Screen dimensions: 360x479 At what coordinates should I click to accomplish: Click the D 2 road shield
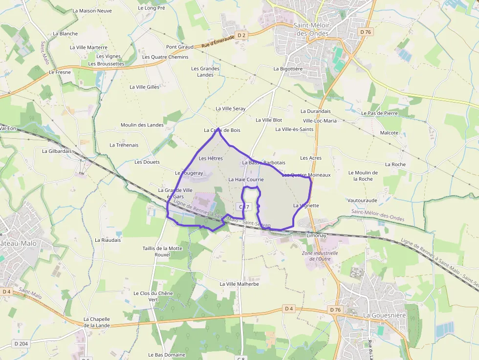pyautogui.click(x=241, y=35)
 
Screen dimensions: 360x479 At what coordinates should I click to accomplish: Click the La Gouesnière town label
pyautogui.click(x=384, y=315)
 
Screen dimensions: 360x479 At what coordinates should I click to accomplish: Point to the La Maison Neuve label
pyautogui.click(x=92, y=10)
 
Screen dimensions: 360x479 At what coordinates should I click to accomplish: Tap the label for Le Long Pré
pyautogui.click(x=152, y=8)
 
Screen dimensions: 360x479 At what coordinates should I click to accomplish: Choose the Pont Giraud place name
pyautogui.click(x=180, y=47)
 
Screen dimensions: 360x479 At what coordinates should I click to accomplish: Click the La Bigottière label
pyautogui.click(x=288, y=69)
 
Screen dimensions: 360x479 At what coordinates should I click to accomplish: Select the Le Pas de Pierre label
pyautogui.click(x=379, y=113)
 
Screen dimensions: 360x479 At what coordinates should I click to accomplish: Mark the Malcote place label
pyautogui.click(x=389, y=133)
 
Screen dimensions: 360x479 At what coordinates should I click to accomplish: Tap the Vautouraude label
pyautogui.click(x=362, y=200)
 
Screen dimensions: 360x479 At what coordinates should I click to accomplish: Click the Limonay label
pyautogui.click(x=316, y=235)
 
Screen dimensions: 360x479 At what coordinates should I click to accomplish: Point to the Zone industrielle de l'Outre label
pyautogui.click(x=320, y=256)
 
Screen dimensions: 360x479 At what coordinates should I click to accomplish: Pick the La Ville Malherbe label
pyautogui.click(x=239, y=284)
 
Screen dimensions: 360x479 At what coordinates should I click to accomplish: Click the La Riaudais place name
pyautogui.click(x=108, y=240)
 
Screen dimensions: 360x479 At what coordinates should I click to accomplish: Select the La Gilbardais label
pyautogui.click(x=57, y=151)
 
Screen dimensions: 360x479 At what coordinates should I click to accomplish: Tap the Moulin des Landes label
pyautogui.click(x=142, y=125)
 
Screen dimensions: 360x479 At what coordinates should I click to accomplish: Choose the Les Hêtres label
pyautogui.click(x=211, y=158)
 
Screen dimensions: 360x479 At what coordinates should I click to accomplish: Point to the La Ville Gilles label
pyautogui.click(x=144, y=87)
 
